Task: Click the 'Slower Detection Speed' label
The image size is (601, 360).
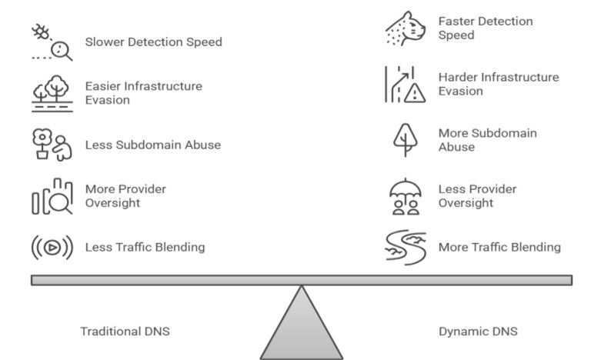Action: (x=153, y=42)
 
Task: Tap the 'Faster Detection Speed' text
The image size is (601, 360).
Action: (x=485, y=28)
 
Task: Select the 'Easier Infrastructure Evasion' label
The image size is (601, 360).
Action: (x=143, y=92)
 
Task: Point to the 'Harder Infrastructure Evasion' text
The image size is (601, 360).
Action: (x=498, y=84)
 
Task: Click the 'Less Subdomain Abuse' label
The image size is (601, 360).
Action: (x=152, y=145)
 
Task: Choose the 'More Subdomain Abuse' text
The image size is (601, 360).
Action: (x=487, y=140)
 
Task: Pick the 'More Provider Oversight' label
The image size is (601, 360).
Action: (x=125, y=195)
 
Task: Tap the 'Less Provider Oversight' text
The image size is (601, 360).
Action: (x=477, y=195)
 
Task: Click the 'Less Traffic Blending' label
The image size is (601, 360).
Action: (x=145, y=247)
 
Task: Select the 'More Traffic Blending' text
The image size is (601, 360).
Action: (x=499, y=247)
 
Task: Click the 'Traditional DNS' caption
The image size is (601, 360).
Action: (x=125, y=332)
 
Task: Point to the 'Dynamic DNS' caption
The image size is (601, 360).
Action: (x=478, y=332)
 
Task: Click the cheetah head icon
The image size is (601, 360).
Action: (x=405, y=28)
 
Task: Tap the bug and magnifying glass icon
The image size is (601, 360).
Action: (x=51, y=42)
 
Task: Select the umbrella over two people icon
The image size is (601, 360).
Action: (x=405, y=196)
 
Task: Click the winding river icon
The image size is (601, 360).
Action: (x=405, y=248)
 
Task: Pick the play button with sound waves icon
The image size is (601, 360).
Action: (x=52, y=248)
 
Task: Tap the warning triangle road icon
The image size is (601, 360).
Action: (x=405, y=85)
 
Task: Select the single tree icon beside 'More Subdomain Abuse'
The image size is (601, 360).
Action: (x=405, y=141)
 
